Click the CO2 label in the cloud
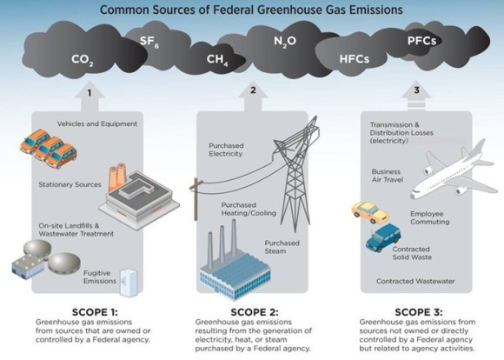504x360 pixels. (83, 60)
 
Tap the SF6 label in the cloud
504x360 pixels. (149, 42)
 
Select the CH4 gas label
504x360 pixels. (217, 59)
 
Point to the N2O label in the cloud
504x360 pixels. (285, 42)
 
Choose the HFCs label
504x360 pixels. (355, 59)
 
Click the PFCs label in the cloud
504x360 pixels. (421, 41)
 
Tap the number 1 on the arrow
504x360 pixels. (90, 93)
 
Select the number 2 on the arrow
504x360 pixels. (253, 90)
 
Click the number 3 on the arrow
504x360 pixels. (416, 90)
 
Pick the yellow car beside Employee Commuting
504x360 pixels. (369, 212)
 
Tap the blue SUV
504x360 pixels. (383, 237)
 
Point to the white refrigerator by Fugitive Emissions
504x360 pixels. (129, 283)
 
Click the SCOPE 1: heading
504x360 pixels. (95, 312)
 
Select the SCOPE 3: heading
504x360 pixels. (419, 312)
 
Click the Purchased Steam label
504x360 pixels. (282, 247)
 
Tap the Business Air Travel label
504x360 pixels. (388, 176)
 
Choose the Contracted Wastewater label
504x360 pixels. (415, 281)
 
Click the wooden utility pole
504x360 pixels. (196, 199)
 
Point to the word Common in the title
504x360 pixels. (125, 10)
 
